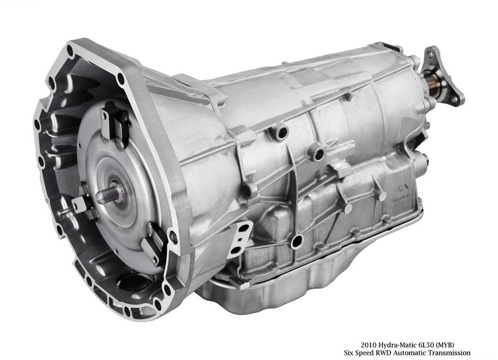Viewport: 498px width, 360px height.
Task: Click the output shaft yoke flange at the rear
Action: point(444,77)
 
